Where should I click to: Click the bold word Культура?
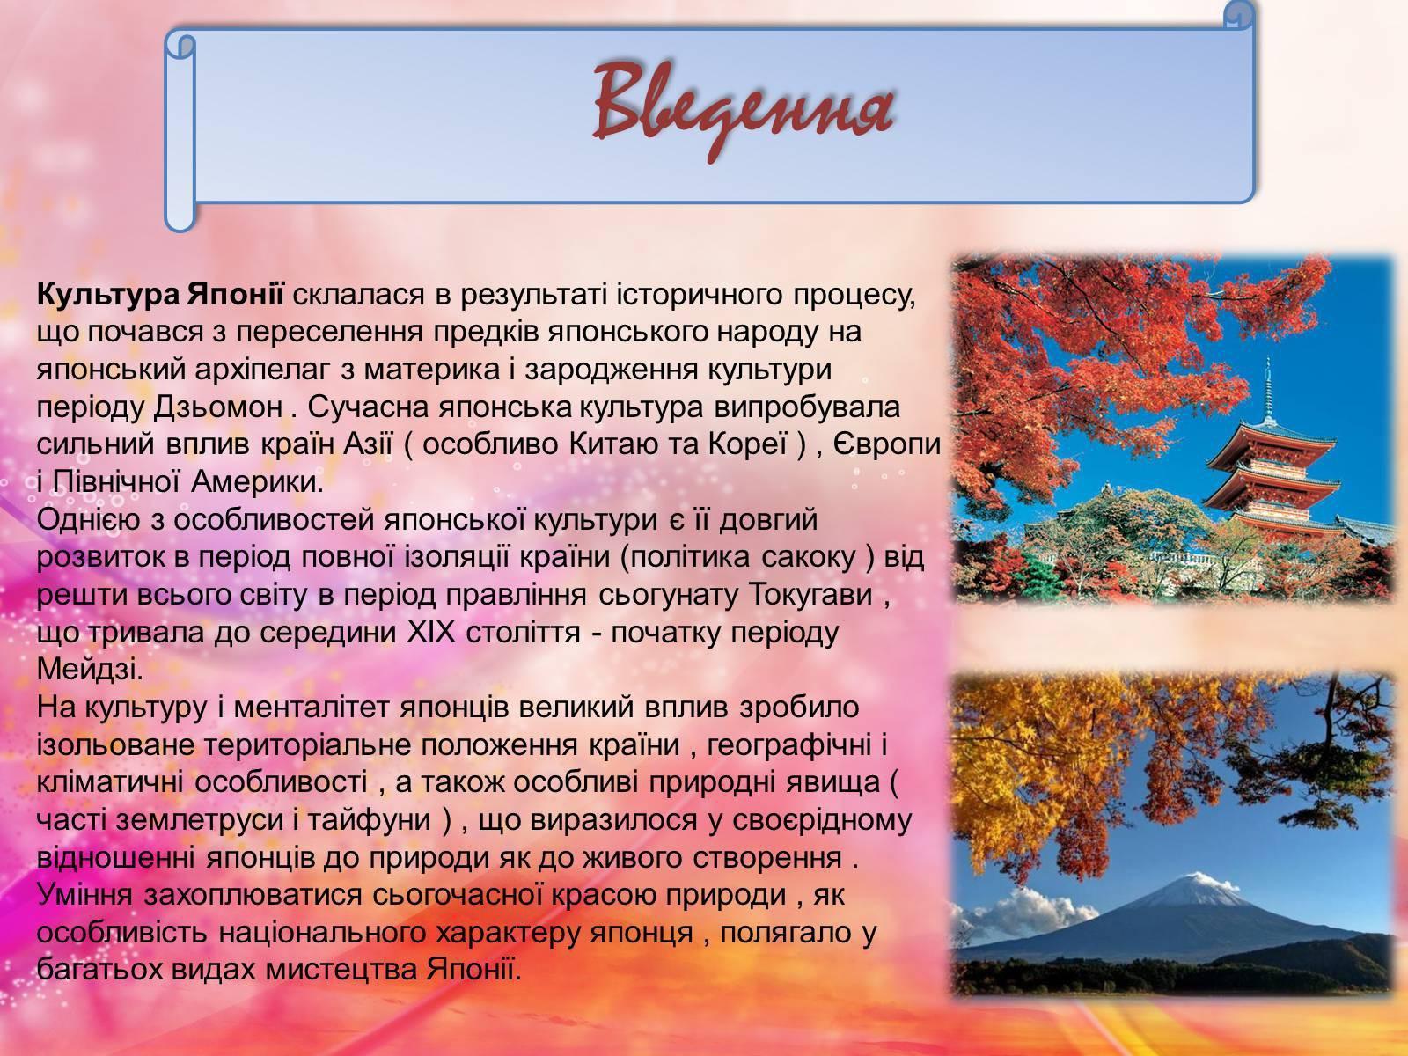coord(108,295)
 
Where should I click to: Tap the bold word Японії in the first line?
coord(236,295)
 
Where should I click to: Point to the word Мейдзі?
coord(89,670)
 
